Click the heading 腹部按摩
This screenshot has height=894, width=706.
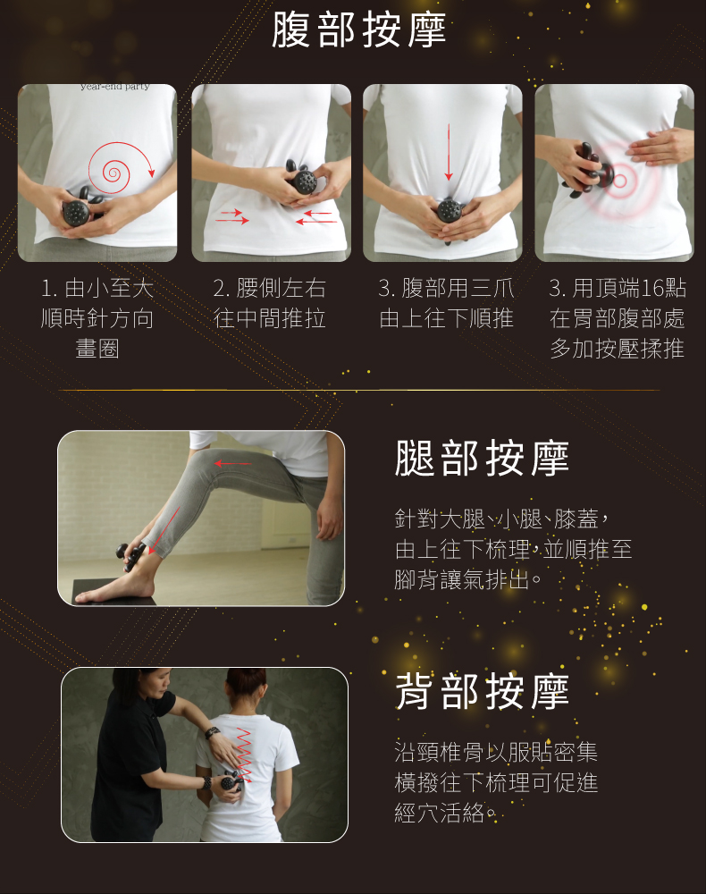[358, 30]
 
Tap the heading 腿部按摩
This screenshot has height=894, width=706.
[482, 459]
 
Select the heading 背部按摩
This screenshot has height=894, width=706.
[482, 692]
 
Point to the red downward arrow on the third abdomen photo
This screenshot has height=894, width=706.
[449, 152]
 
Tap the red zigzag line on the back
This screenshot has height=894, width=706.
[244, 754]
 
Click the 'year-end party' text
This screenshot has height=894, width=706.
[115, 87]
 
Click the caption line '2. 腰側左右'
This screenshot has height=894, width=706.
[270, 289]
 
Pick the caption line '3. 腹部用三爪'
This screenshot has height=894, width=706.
[446, 289]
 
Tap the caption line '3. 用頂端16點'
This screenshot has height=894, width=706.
[618, 289]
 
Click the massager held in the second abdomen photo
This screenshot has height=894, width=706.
[301, 178]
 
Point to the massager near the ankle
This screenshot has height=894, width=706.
[130, 555]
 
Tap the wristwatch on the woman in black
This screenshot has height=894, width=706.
[212, 732]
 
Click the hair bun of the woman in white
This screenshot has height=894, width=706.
[246, 678]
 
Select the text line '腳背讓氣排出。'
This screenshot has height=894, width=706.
[468, 580]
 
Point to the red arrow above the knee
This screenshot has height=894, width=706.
[232, 463]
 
